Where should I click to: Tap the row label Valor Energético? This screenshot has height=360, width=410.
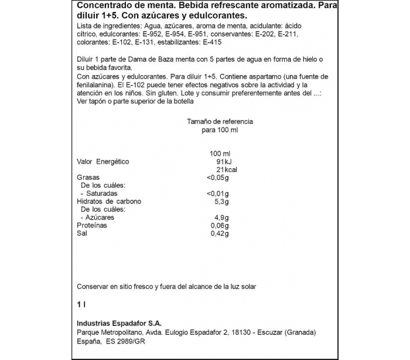[102, 161]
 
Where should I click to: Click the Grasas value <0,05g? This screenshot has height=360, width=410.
[217, 177]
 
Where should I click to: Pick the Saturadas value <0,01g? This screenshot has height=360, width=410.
[217, 193]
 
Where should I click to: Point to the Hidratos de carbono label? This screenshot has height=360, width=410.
[110, 201]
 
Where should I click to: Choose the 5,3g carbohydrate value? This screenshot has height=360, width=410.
[220, 201]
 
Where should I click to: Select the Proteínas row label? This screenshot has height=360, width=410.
[92, 225]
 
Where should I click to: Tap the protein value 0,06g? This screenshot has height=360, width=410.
[219, 225]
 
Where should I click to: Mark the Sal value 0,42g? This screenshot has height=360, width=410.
[219, 233]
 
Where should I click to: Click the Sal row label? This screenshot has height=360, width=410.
[82, 233]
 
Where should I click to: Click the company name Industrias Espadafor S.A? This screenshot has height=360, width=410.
[119, 323]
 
